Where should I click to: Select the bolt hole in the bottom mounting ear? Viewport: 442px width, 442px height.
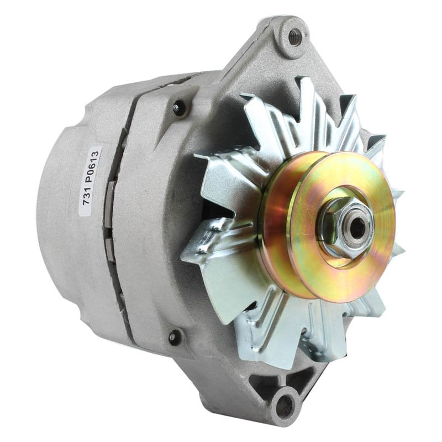283,407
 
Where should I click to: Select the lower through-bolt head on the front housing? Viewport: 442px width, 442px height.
175,335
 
